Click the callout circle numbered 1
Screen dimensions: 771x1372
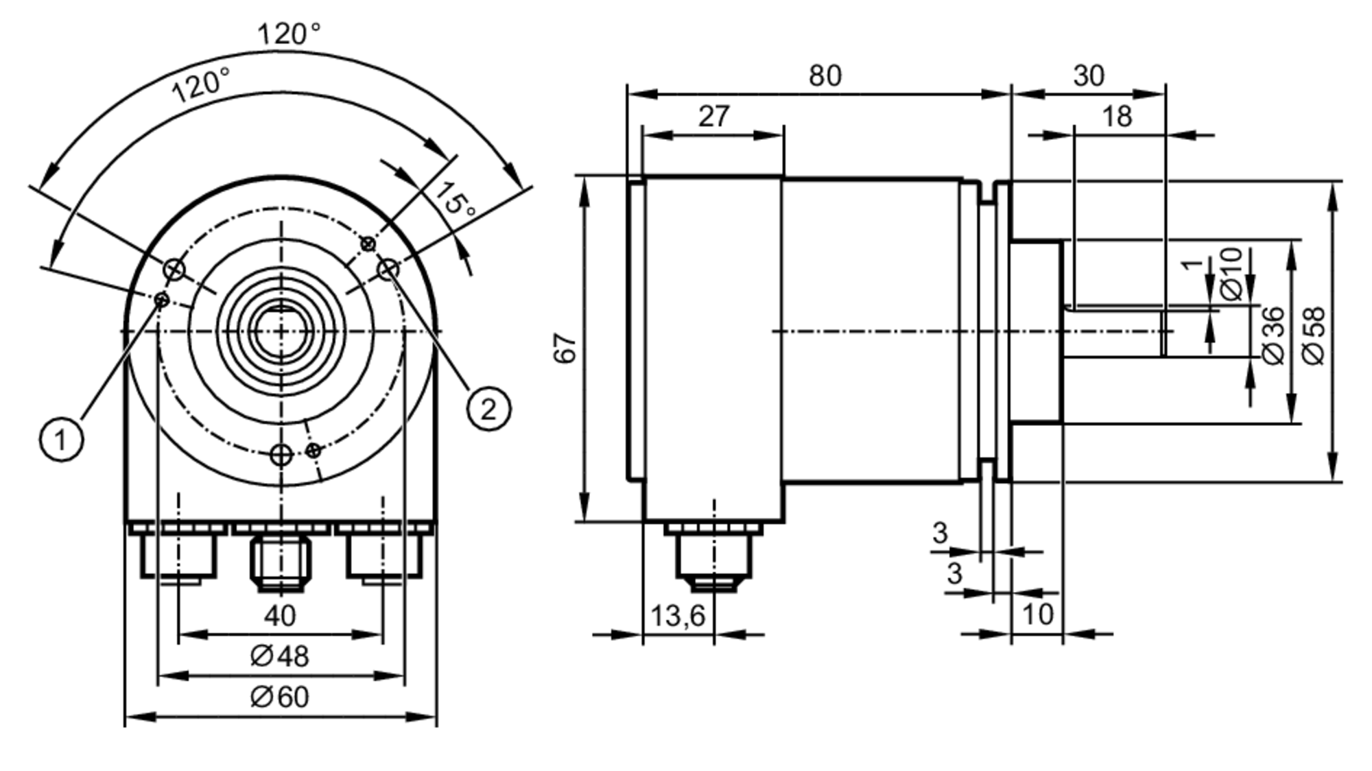tap(61, 439)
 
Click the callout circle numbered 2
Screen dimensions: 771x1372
tap(488, 410)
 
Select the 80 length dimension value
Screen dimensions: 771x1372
tap(825, 76)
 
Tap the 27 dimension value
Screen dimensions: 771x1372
tap(714, 117)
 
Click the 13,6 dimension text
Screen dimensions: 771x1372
tap(678, 616)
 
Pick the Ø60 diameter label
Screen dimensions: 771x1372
tap(280, 698)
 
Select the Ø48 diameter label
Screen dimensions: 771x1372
tap(280, 656)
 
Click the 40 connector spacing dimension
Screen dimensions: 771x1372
tap(280, 616)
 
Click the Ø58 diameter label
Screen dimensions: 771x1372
tap(1314, 335)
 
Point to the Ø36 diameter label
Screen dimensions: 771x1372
tap(1273, 335)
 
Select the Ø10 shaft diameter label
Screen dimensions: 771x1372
tap(1232, 274)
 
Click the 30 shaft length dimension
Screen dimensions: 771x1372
tap(1089, 76)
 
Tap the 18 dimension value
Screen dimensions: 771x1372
tap(1116, 117)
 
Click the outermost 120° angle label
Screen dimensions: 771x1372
tap(289, 34)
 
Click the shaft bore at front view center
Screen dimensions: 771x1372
tap(281, 331)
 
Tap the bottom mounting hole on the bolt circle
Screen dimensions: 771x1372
tap(281, 454)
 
